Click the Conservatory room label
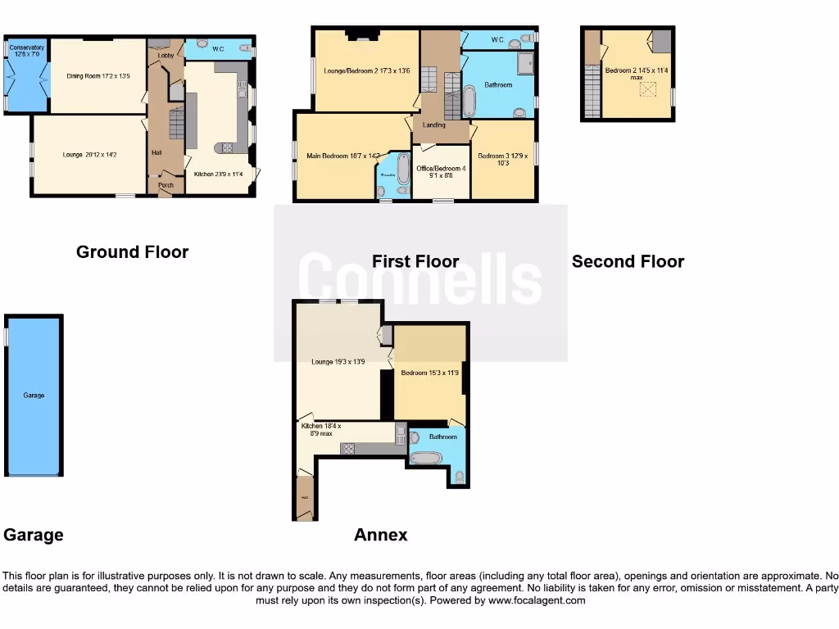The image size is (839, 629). [27, 51]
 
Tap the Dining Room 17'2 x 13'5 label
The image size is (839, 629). [98, 76]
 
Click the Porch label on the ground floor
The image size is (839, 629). [166, 185]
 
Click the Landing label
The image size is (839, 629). [433, 125]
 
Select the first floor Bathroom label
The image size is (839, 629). [497, 85]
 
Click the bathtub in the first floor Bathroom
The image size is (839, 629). [469, 101]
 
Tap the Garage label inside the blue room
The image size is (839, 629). [34, 396]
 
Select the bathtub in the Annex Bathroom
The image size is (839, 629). [425, 458]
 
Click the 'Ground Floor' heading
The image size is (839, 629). [132, 252]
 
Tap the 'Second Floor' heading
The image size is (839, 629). [628, 261]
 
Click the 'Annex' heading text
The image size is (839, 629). [380, 535]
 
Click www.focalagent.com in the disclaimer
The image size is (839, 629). [537, 600]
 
